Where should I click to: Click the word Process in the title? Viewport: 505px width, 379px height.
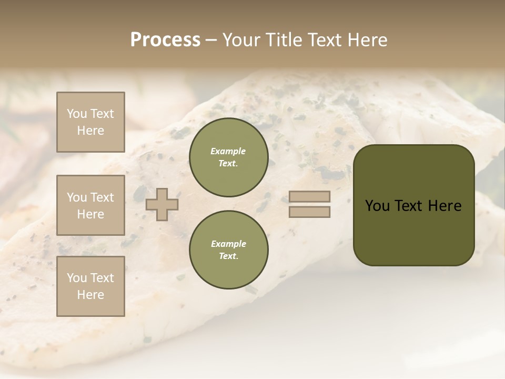(x=165, y=40)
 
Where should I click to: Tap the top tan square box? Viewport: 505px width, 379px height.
(x=90, y=122)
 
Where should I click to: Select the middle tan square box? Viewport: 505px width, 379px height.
(x=90, y=205)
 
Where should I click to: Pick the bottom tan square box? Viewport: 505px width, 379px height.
(x=90, y=286)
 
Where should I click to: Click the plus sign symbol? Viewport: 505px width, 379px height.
(x=162, y=204)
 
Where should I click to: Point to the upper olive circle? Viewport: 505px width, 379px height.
(x=228, y=157)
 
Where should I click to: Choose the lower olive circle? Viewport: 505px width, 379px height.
(x=228, y=250)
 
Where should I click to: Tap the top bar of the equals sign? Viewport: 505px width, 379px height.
(x=309, y=196)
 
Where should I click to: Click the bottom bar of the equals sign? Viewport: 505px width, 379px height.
(x=309, y=212)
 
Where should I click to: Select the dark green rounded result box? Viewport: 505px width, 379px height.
(x=413, y=205)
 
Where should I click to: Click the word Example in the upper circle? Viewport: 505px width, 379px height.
(x=228, y=151)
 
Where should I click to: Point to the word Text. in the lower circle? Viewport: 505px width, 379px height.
(x=228, y=256)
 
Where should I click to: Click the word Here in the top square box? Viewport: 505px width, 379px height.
(x=90, y=131)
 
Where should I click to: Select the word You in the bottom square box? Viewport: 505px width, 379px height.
(x=77, y=278)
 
